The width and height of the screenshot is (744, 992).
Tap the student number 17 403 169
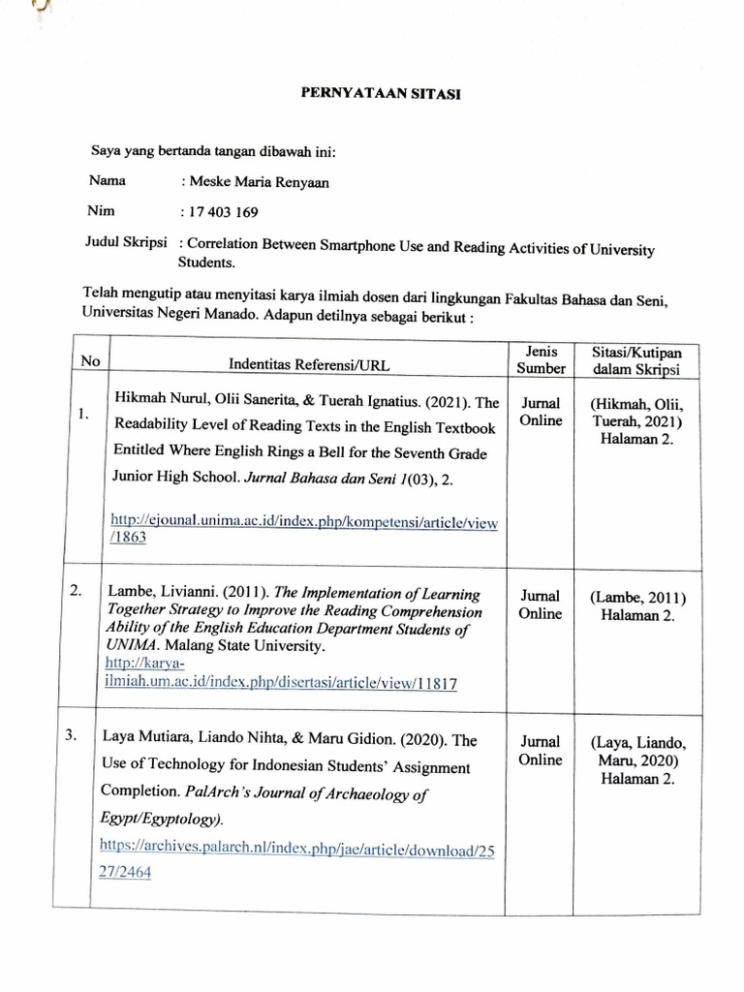224,213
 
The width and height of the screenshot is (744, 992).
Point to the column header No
91,360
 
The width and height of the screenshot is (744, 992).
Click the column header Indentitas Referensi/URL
304,364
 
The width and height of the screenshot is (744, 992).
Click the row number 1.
84,414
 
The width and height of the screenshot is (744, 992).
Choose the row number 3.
71,735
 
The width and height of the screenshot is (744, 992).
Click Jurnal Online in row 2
540,604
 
